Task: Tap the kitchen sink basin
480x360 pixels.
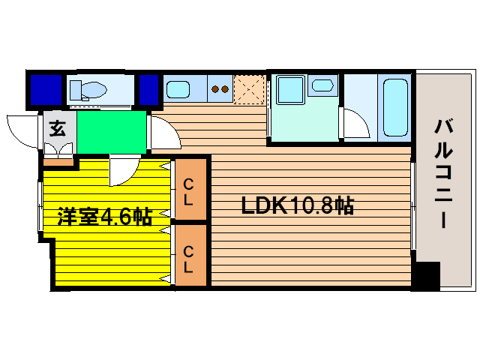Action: (179, 91)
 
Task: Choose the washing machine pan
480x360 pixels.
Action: (289, 92)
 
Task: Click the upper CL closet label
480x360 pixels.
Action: (190, 191)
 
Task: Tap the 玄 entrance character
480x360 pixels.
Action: (57, 128)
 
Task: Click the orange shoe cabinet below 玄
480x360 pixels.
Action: (58, 160)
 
